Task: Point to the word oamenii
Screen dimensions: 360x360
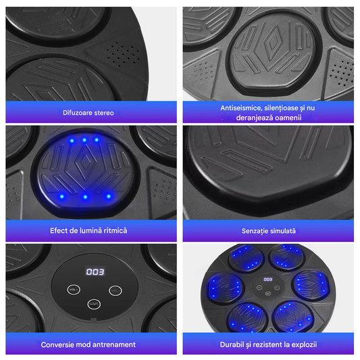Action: pos(288,118)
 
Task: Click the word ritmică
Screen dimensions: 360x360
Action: pos(115,230)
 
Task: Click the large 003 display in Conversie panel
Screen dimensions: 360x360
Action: pos(95,272)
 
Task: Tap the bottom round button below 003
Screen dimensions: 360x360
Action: pos(94,304)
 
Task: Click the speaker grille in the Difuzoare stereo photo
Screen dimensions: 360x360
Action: pos(122,54)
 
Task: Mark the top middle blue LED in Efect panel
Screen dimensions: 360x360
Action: pos(84,140)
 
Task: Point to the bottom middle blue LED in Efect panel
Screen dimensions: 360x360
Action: pos(85,197)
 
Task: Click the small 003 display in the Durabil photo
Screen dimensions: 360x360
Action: pos(268,280)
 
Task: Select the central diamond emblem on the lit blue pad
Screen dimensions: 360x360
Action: pos(86,161)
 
